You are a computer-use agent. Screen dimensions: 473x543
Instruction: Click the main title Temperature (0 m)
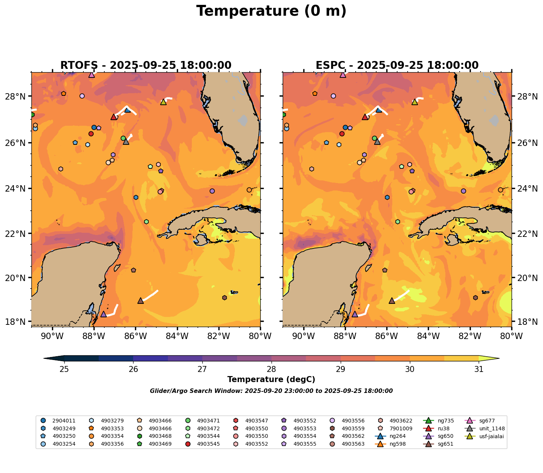tap(271, 11)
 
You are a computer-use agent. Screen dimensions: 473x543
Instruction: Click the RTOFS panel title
tap(145, 65)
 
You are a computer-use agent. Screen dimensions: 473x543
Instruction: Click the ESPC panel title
tap(397, 65)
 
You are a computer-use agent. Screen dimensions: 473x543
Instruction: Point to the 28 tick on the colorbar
tap(271, 369)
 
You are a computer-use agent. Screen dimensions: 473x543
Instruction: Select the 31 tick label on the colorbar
tap(479, 369)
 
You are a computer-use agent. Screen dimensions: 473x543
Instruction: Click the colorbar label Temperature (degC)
tap(271, 379)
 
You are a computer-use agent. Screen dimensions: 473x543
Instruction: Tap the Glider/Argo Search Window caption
tap(271, 391)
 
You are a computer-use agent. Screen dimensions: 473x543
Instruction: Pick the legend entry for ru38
tap(444, 428)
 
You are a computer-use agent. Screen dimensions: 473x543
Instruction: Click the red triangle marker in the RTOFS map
tap(113, 117)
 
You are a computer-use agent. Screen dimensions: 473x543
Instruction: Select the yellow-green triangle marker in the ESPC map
tap(414, 102)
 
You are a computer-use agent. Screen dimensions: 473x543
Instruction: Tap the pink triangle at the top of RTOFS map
tap(92, 74)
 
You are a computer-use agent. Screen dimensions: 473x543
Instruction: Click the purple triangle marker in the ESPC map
tap(355, 314)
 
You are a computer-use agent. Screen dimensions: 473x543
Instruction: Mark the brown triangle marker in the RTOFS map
tap(141, 300)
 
